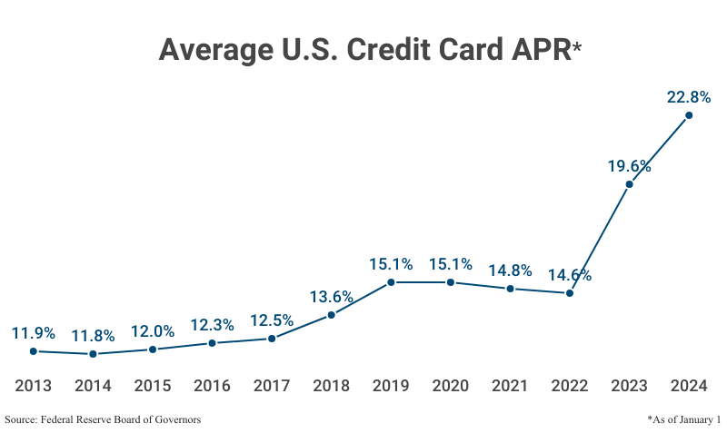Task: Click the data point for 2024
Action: pyautogui.click(x=689, y=115)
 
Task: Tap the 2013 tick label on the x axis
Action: pyautogui.click(x=34, y=386)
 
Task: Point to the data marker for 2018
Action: pyautogui.click(x=332, y=315)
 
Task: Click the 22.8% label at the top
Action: pyautogui.click(x=688, y=96)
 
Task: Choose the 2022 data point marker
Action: pyautogui.click(x=570, y=293)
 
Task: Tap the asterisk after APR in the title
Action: pyautogui.click(x=576, y=47)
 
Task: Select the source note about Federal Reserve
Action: pyautogui.click(x=103, y=419)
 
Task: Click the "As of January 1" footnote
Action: pyautogui.click(x=683, y=419)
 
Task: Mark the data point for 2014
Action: pyautogui.click(x=93, y=354)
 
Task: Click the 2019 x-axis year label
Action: pyautogui.click(x=391, y=386)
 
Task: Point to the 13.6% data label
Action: pyautogui.click(x=332, y=297)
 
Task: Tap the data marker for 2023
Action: pyautogui.click(x=629, y=184)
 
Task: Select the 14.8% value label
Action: pyautogui.click(x=510, y=271)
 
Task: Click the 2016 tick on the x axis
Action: pyautogui.click(x=212, y=386)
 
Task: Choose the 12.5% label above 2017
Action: pyautogui.click(x=272, y=320)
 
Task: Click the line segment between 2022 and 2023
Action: pyautogui.click(x=600, y=239)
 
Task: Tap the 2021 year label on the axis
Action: pyautogui.click(x=510, y=386)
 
